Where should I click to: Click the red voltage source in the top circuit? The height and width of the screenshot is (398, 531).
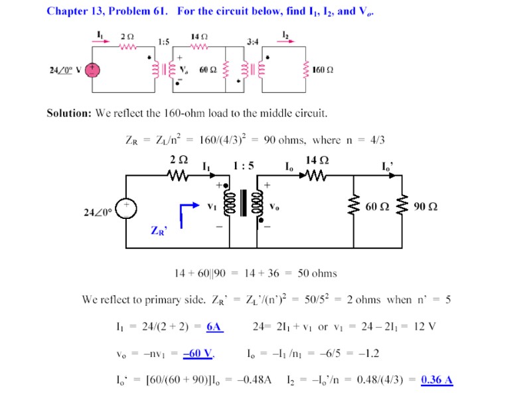94,69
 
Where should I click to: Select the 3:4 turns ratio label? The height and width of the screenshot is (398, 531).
252,42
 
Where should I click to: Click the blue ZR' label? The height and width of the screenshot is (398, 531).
159,231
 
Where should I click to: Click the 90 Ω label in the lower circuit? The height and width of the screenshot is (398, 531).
425,206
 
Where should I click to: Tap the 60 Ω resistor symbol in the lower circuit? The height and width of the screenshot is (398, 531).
354,206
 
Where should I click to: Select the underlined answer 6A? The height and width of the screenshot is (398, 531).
214,326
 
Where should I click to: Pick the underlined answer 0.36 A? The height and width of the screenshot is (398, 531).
437,379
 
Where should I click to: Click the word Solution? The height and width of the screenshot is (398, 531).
69,113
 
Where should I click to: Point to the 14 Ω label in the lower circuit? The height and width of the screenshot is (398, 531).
316,161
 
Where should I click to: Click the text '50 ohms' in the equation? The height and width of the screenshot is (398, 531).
317,273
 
